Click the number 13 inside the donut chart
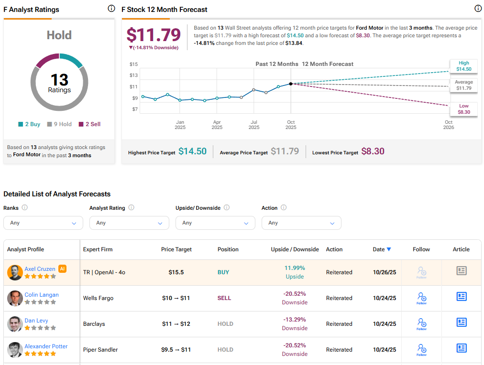pos(59,80)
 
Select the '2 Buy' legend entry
pos(29,124)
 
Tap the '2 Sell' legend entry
pos(89,124)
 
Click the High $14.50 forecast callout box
pos(463,66)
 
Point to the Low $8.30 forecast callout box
pos(463,109)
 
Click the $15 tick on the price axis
pos(133,64)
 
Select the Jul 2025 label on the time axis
pos(254,125)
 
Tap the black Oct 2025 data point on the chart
pos(291,84)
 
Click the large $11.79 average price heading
pos(154,35)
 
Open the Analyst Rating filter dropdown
pos(129,223)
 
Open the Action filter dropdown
pos(301,223)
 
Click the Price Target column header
pos(176,249)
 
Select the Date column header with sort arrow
pos(382,249)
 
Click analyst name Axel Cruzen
pos(40,269)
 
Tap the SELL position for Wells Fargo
pos(224,298)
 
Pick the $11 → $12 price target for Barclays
pos(176,324)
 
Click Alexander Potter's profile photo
pos(15,350)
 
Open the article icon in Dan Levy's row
pos(461,322)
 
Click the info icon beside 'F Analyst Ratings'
pos(111,9)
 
